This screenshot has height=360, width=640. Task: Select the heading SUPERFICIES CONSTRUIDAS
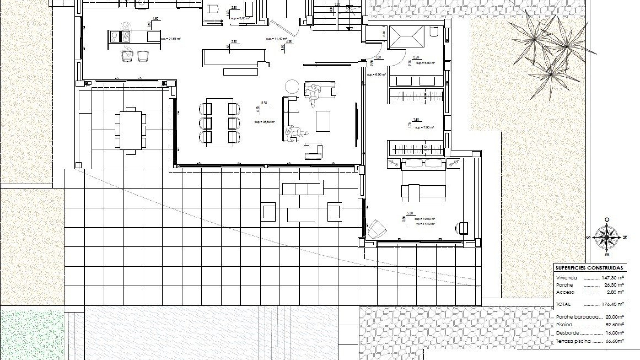pyautogui.click(x=589, y=268)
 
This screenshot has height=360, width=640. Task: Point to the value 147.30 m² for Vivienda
pyautogui.click(x=613, y=278)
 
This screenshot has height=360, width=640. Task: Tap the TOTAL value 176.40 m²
pyautogui.click(x=613, y=304)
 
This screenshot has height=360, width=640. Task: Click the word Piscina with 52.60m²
pyautogui.click(x=564, y=325)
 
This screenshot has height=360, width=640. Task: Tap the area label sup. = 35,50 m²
pyautogui.click(x=264, y=122)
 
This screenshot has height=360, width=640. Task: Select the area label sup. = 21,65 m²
pyautogui.click(x=170, y=39)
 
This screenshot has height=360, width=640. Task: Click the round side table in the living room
pyautogui.click(x=292, y=87)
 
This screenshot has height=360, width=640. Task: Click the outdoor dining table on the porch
pyautogui.click(x=130, y=130)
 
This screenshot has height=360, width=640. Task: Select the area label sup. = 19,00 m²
pyautogui.click(x=425, y=219)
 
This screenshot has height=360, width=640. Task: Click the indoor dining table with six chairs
pyautogui.click(x=219, y=122)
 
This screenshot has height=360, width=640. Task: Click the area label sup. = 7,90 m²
pyautogui.click(x=424, y=128)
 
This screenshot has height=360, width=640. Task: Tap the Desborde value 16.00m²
pyautogui.click(x=614, y=333)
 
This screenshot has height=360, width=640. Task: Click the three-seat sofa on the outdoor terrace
pyautogui.click(x=301, y=188)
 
